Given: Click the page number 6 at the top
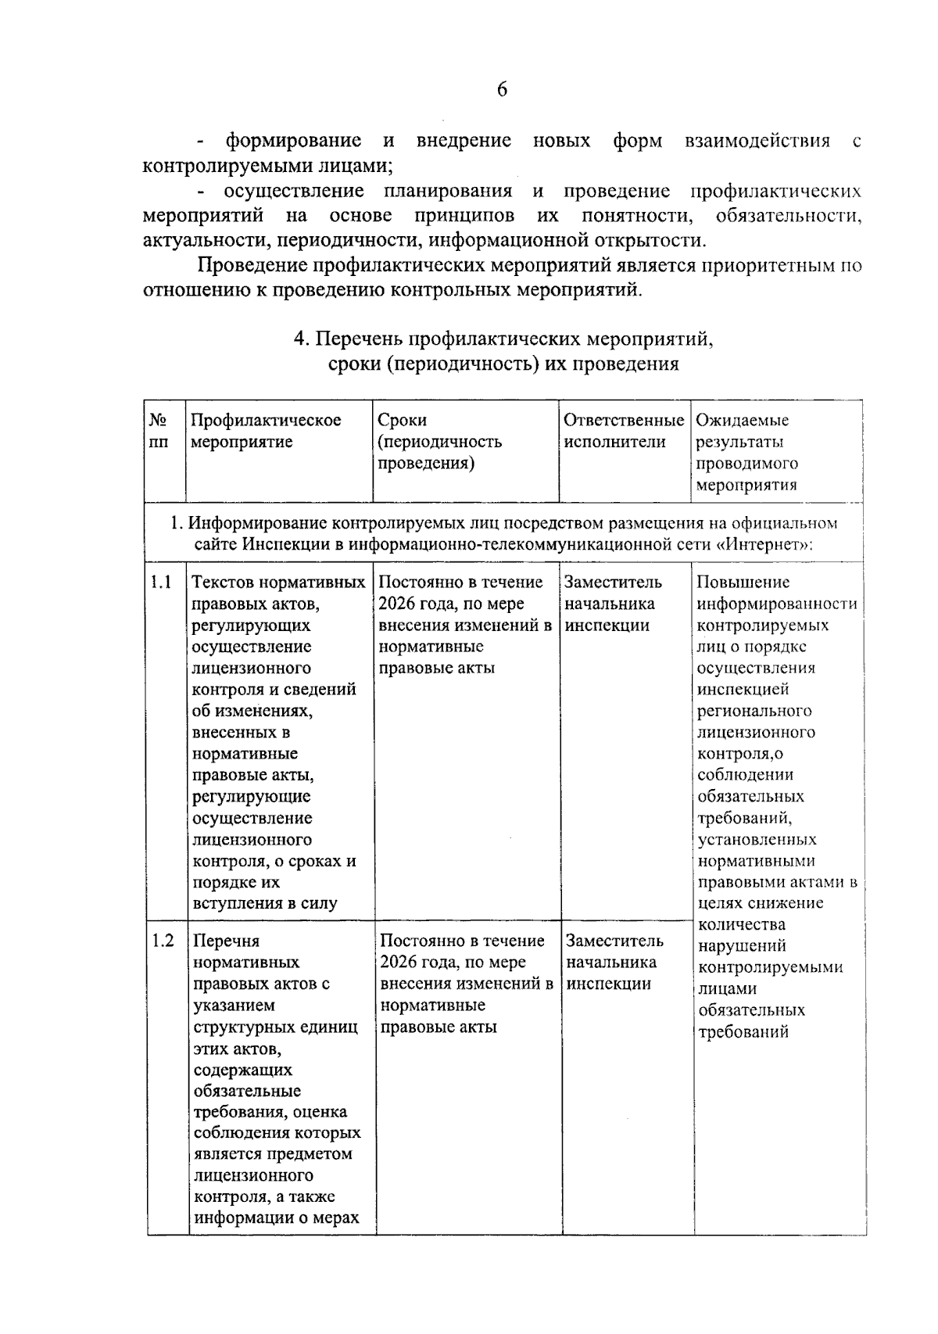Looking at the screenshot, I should [x=502, y=90].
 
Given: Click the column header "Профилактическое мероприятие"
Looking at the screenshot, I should [x=266, y=431].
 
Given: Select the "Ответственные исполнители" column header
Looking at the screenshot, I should [x=624, y=431].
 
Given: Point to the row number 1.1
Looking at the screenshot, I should [x=161, y=583].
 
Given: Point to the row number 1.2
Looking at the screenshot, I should [x=163, y=941].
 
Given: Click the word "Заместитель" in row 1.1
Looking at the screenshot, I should [x=613, y=583].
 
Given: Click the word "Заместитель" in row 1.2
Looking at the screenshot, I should [x=614, y=941].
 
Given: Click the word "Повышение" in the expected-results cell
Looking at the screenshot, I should [x=732, y=583].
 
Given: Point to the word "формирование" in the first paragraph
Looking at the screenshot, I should [x=294, y=142].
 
